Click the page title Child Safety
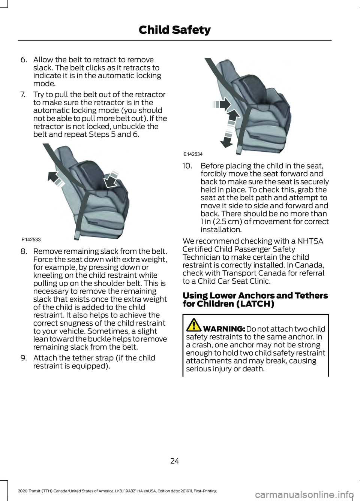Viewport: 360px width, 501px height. point(174,30)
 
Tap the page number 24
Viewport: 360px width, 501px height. point(175,461)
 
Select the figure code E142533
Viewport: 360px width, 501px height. point(31,240)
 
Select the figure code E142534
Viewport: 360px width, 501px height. point(193,154)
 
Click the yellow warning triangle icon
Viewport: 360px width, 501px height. point(194,325)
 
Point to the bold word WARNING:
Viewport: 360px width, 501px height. point(224,329)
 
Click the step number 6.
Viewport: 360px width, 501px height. point(24,60)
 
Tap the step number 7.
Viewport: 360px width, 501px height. point(23,95)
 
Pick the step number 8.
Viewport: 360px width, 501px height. point(24,251)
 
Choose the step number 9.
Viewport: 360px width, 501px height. point(24,358)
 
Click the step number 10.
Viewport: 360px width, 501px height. point(187,166)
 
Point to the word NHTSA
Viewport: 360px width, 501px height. point(310,241)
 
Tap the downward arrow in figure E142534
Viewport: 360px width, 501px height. point(227,141)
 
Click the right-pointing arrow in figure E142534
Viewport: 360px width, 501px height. point(224,104)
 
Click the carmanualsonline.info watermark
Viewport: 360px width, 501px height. point(304,495)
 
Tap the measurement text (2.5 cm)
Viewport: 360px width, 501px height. point(227,222)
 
